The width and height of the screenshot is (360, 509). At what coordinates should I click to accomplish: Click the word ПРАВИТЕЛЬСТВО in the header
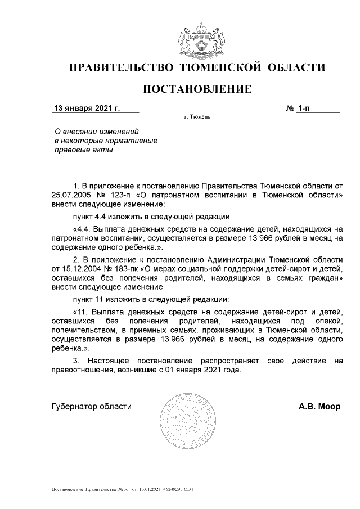tap(121, 68)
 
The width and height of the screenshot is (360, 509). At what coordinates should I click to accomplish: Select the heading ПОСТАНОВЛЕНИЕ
tap(197, 89)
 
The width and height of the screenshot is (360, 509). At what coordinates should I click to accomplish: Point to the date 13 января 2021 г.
tap(87, 107)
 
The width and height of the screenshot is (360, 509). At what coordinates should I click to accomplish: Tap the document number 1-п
tap(304, 107)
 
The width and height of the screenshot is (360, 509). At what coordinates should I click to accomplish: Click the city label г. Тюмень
tap(197, 118)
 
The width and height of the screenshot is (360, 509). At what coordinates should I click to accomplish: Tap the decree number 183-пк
tap(121, 268)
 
